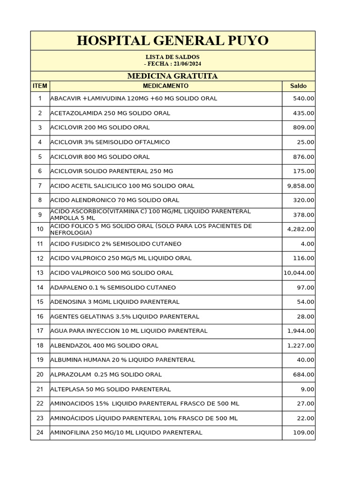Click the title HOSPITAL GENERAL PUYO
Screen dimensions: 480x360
(172, 41)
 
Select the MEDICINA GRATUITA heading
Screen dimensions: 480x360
(172, 76)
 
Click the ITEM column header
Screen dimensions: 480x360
(40, 86)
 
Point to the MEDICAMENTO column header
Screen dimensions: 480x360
(165, 86)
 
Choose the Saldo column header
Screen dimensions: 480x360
(298, 86)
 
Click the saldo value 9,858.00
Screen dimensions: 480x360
(300, 186)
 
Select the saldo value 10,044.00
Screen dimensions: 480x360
(299, 273)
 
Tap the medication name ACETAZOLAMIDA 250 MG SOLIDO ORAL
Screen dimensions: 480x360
(110, 113)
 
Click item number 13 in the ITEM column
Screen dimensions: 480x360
(40, 273)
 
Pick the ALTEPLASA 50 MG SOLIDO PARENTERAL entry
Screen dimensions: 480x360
(111, 390)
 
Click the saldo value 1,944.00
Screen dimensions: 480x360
(300, 331)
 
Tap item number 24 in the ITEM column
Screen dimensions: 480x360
(40, 433)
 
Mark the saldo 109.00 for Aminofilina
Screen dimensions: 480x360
(304, 433)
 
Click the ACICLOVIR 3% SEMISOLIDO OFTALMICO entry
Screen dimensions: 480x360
(110, 142)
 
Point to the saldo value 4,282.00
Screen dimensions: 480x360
(300, 230)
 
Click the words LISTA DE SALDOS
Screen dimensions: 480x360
(172, 57)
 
